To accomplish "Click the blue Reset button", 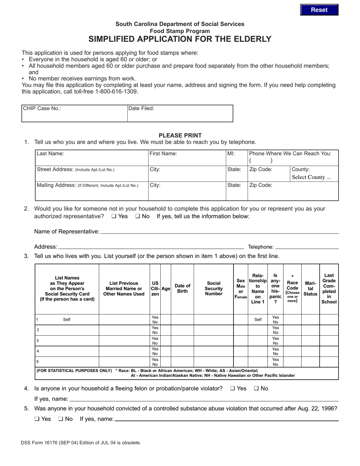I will pos(319,10).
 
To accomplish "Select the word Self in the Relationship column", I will pos(258,319).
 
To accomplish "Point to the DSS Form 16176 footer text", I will pos(81,442).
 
